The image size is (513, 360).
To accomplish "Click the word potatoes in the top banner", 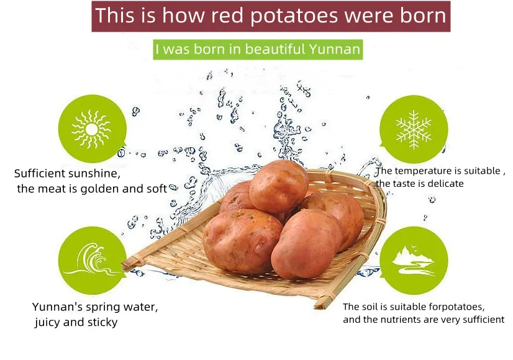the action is coord(294,16).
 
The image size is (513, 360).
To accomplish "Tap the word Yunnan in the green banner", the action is coord(334,50).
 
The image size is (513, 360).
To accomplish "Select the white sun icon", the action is coord(92,130).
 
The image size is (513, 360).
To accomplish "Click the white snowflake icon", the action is coord(414,130).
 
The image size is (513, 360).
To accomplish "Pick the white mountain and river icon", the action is coord(414,260).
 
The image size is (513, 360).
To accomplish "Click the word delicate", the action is coord(445,184).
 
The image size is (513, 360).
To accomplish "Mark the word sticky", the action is coord(102,322).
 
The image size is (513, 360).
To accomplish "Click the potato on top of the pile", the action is coord(279,186).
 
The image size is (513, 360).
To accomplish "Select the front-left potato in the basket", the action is coord(242,241).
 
